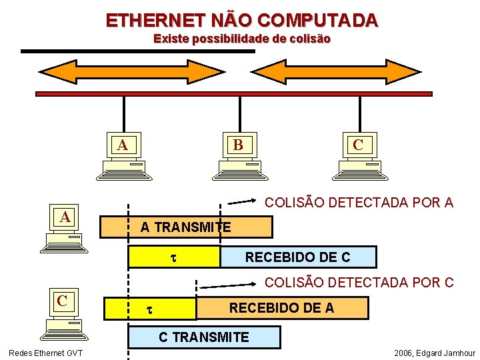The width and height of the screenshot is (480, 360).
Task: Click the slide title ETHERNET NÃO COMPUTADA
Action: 241,20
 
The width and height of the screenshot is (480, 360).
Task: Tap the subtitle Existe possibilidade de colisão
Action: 241,39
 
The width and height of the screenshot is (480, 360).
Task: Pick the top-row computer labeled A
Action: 124,157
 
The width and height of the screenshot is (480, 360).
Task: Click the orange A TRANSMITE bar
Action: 186,227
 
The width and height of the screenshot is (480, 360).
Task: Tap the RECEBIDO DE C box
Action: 298,257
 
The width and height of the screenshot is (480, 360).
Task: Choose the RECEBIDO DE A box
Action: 282,307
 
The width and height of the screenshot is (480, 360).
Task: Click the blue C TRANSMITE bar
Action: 204,337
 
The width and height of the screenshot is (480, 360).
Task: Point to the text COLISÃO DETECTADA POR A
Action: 359,202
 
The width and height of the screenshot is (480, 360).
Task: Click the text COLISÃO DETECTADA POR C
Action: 359,283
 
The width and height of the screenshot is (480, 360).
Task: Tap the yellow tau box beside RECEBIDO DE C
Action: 174,257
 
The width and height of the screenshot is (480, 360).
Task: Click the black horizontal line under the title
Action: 138,51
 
